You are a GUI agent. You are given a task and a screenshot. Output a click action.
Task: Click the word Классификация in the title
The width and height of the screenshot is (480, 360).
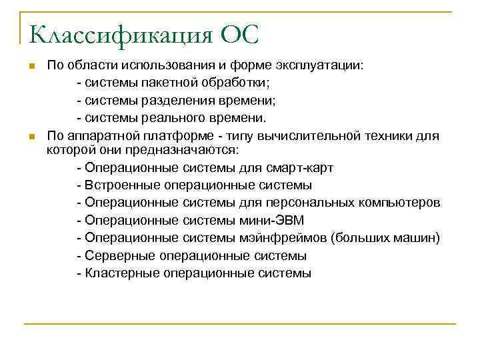pos(119,34)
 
